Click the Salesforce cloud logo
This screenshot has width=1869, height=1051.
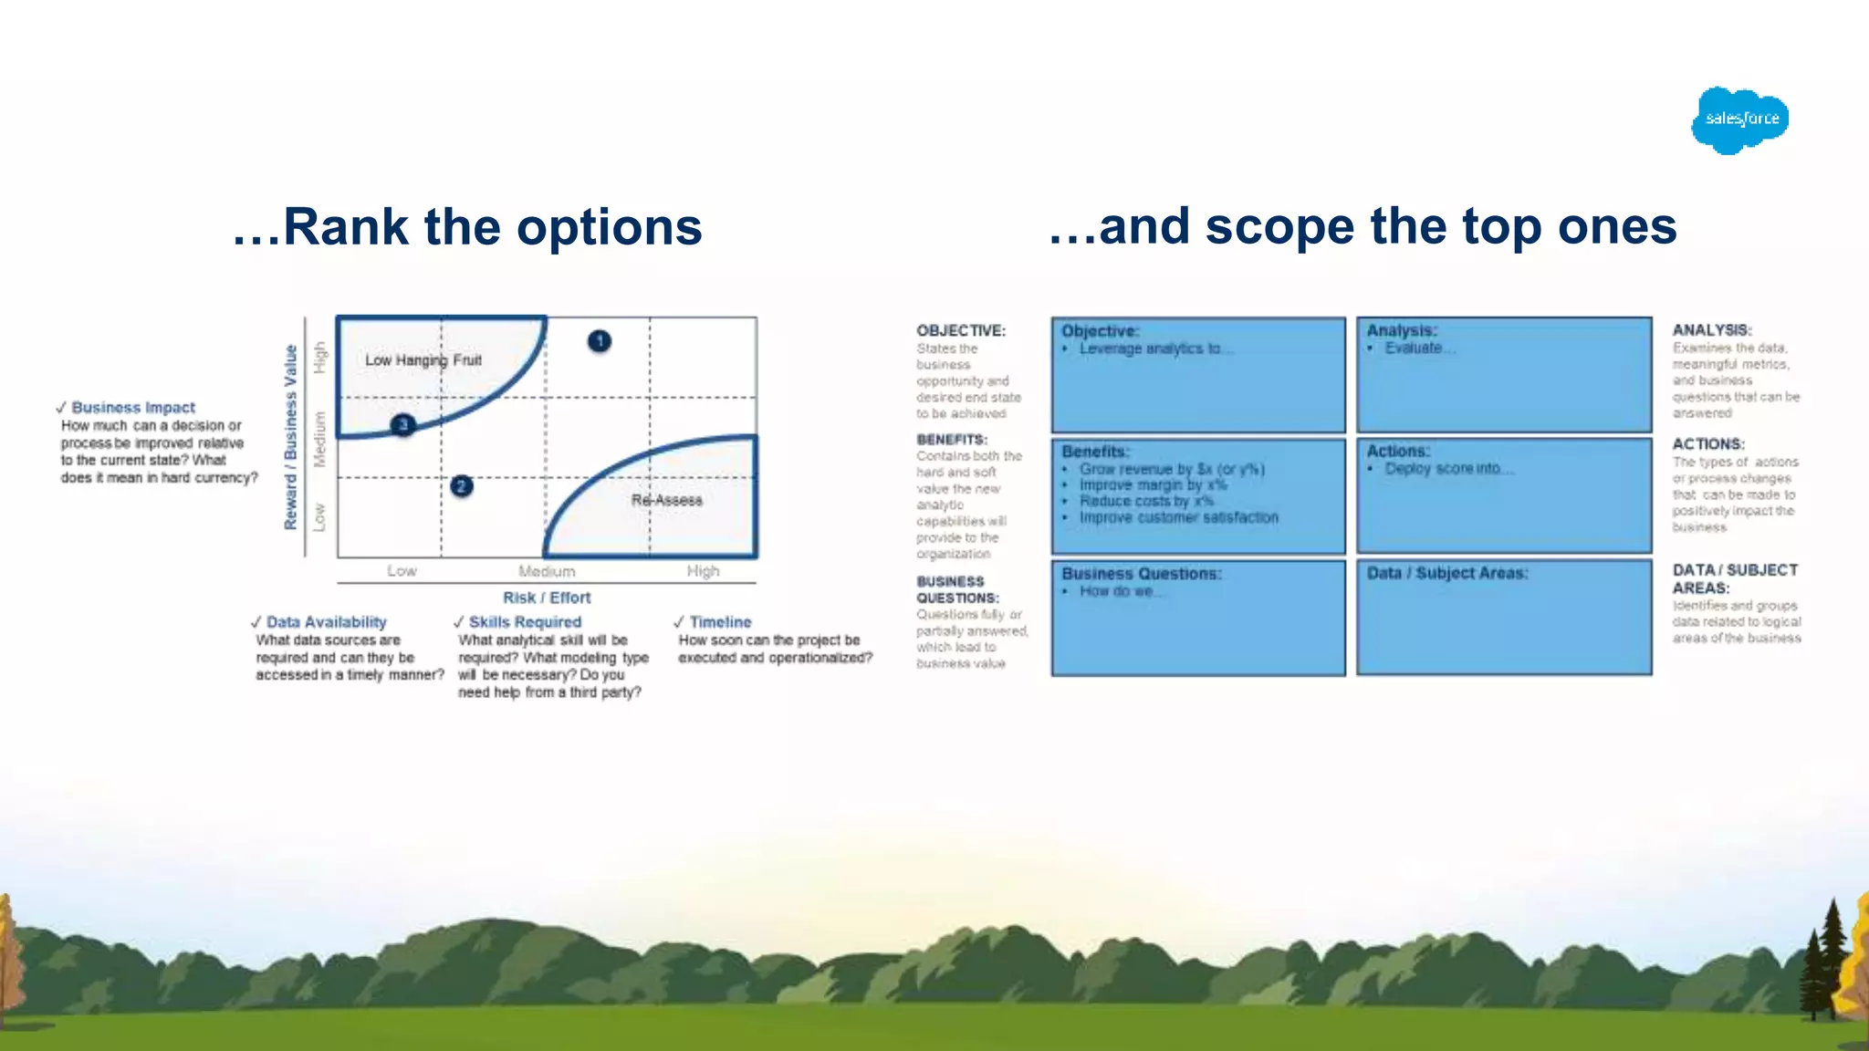1739,120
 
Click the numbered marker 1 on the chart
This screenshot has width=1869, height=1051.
600,341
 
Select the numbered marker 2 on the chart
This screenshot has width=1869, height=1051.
462,486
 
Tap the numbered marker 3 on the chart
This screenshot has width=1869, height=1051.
402,425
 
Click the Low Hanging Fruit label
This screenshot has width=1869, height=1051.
423,360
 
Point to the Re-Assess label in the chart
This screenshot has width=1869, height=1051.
666,500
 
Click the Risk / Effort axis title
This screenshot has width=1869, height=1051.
547,598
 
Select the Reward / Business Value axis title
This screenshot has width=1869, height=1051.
291,437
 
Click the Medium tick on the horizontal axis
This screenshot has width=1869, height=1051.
547,571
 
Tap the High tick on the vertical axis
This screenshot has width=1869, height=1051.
319,357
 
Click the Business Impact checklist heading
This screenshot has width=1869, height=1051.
133,408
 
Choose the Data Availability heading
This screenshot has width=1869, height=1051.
326,622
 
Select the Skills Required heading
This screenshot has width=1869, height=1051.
525,622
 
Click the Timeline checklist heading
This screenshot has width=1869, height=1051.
720,622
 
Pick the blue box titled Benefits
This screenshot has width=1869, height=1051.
1198,496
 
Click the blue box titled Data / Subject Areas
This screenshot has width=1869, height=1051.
1504,618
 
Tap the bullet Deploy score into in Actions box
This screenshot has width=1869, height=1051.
1442,469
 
